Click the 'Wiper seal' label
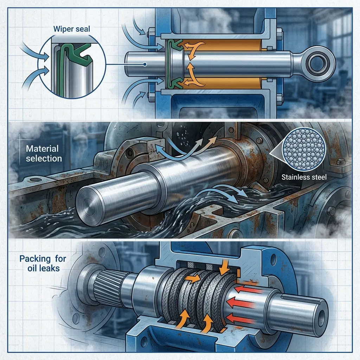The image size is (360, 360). point(72,29)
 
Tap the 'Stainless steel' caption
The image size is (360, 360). point(304,177)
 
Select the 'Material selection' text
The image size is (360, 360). point(44,154)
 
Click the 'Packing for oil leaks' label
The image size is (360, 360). point(43,263)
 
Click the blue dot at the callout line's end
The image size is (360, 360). point(144,65)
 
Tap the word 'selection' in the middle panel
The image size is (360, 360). point(44,159)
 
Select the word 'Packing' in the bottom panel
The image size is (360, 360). point(35,259)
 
